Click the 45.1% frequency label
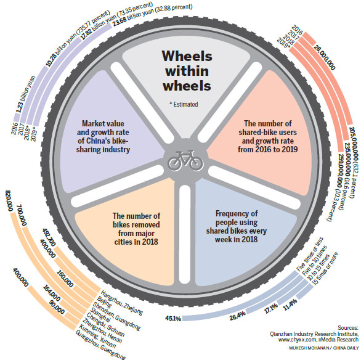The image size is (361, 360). tap(174, 319)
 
